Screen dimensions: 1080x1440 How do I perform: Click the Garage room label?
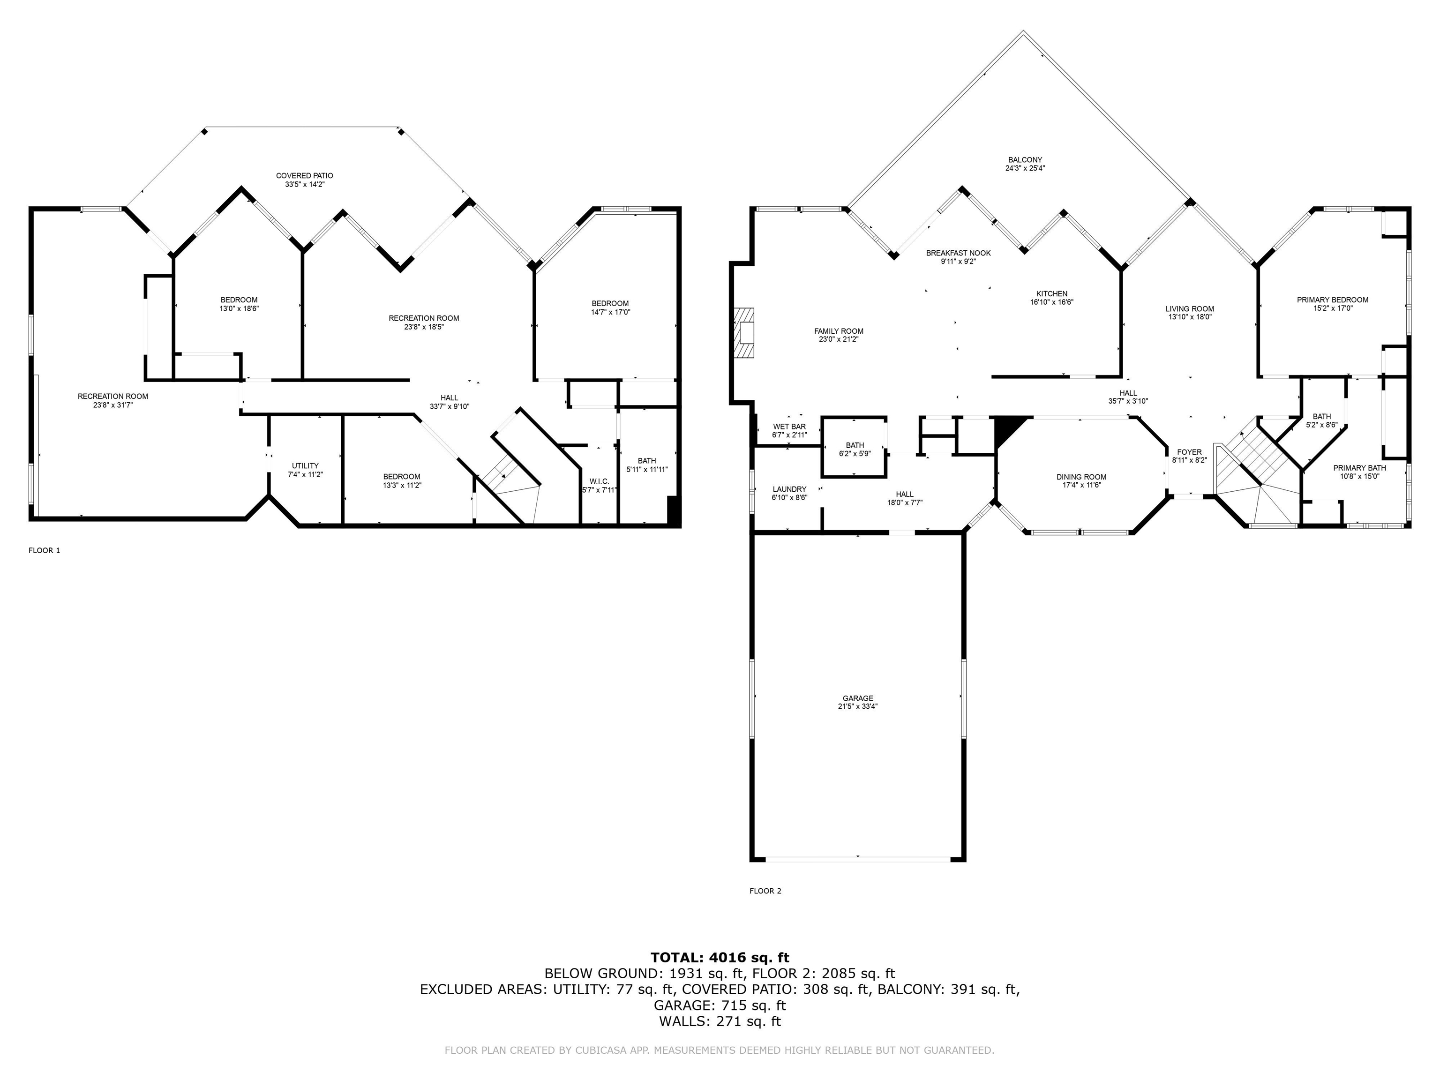pyautogui.click(x=857, y=698)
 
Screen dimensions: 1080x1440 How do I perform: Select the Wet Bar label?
pyautogui.click(x=789, y=427)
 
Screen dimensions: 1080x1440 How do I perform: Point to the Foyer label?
pyautogui.click(x=1189, y=452)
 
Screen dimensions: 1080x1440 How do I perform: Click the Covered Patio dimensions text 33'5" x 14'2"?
pyautogui.click(x=304, y=184)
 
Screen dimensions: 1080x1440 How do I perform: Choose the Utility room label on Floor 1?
pyautogui.click(x=305, y=465)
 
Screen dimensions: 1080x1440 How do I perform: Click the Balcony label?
pyautogui.click(x=1025, y=159)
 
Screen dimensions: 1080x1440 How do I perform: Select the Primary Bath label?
pyautogui.click(x=1359, y=467)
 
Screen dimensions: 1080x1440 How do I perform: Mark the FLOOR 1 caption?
pyautogui.click(x=44, y=550)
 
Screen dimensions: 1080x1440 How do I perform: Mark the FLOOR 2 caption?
pyautogui.click(x=765, y=891)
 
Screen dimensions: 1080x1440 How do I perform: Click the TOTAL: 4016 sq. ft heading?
pyautogui.click(x=720, y=958)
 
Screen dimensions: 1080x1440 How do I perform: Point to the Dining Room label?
pyautogui.click(x=1081, y=477)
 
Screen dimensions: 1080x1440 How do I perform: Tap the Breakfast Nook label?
pyautogui.click(x=958, y=253)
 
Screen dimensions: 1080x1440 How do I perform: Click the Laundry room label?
pyautogui.click(x=789, y=489)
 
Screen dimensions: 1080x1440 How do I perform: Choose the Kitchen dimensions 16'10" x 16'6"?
pyautogui.click(x=1051, y=302)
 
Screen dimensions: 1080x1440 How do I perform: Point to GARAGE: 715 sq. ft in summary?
pyautogui.click(x=720, y=1005)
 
